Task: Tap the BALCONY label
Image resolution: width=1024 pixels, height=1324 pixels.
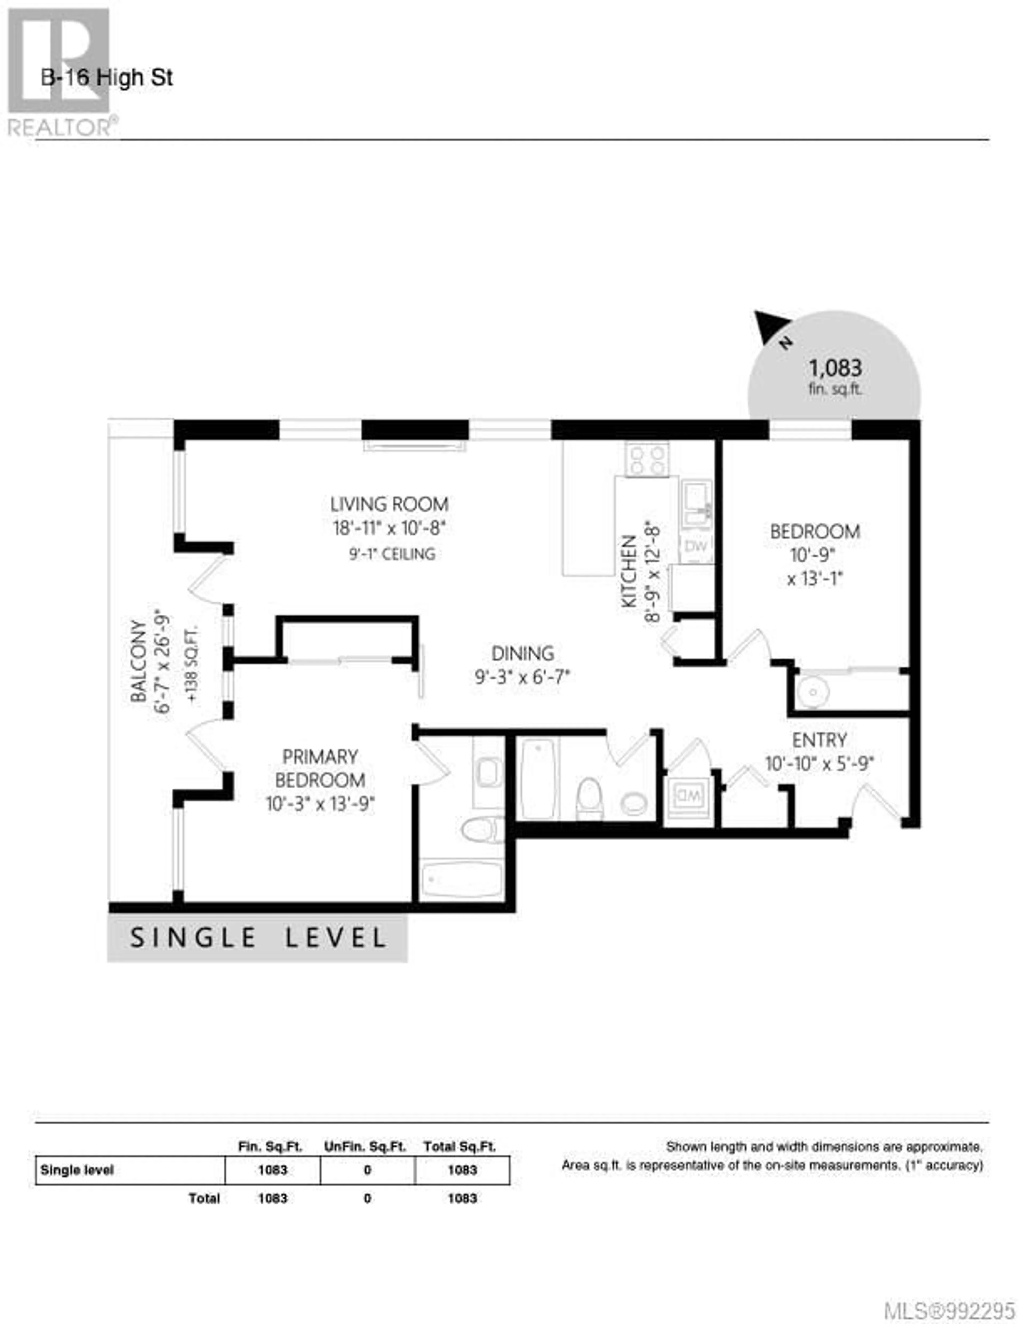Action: click(x=138, y=661)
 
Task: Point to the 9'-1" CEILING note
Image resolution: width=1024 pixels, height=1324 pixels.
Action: click(x=392, y=553)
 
